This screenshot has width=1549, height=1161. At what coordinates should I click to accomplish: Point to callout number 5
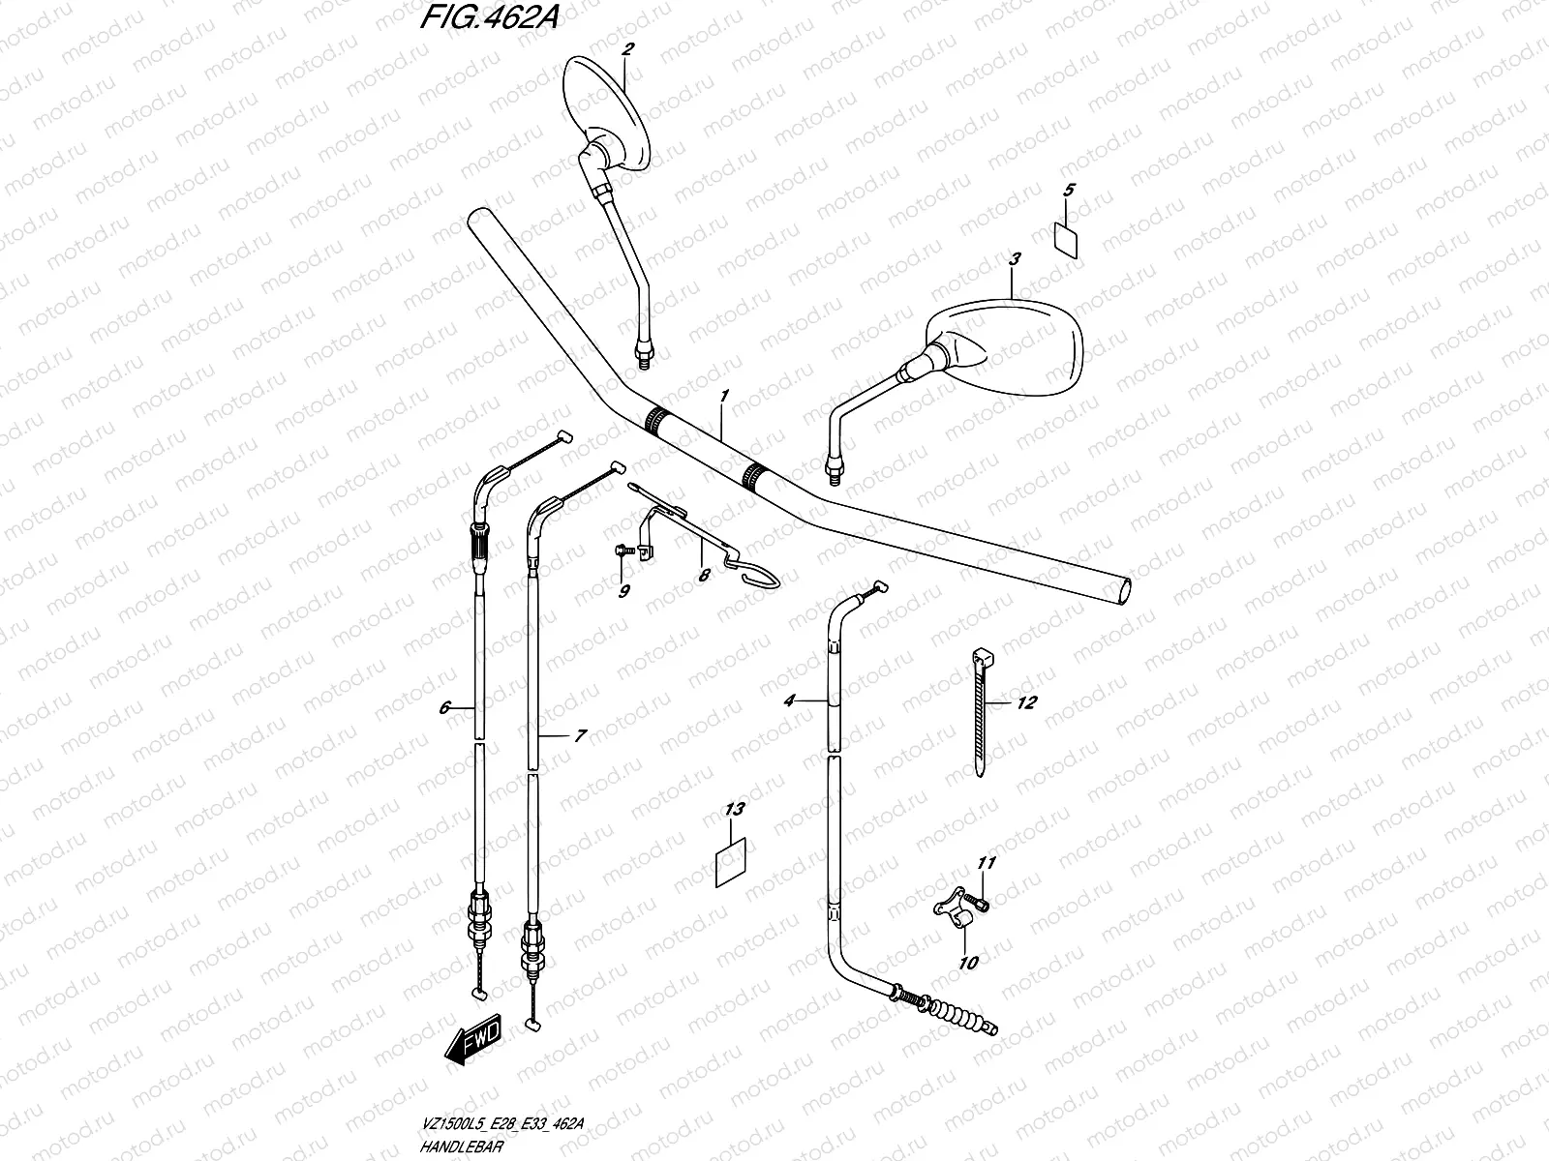click(1068, 190)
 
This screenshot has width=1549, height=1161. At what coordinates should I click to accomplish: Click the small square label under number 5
click(1067, 238)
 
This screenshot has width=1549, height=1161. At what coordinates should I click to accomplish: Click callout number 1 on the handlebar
click(723, 398)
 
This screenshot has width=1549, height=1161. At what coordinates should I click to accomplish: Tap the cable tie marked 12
click(985, 713)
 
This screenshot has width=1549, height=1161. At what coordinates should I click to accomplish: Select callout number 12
click(1026, 702)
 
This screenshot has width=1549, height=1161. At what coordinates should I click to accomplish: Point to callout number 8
click(704, 575)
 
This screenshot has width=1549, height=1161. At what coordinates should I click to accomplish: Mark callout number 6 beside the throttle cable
click(445, 708)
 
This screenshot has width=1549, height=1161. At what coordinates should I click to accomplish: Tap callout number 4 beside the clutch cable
click(789, 700)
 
